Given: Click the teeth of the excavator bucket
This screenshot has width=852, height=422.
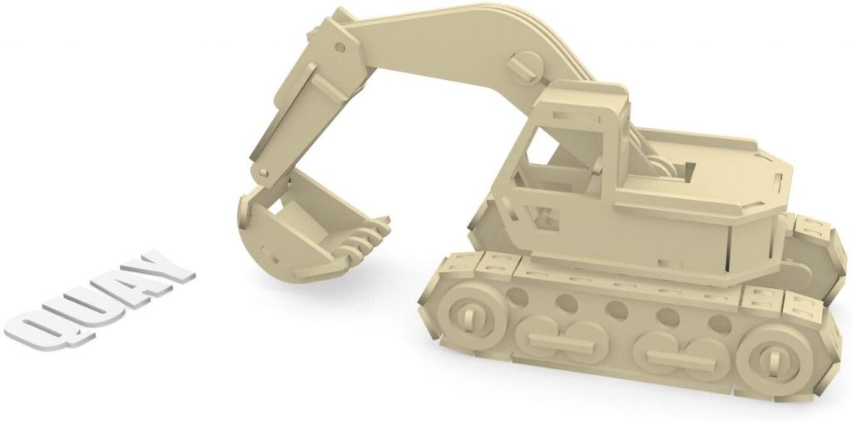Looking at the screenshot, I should point(366,236).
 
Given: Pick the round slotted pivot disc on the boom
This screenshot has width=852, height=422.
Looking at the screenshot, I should point(528,63).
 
